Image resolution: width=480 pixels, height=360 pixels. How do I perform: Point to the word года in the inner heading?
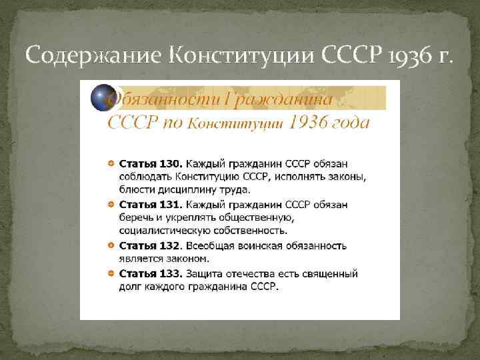pyautogui.click(x=347, y=124)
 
